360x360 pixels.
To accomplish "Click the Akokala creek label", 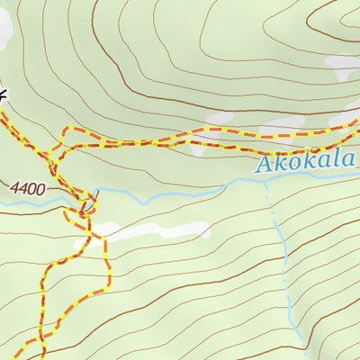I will click(x=306, y=164).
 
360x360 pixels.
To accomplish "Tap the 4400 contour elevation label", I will click(x=29, y=189).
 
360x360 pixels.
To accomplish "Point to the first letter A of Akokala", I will click(x=265, y=166).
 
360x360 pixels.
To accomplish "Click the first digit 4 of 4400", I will click(x=18, y=189).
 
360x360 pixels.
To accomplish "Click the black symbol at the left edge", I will click(x=3, y=93).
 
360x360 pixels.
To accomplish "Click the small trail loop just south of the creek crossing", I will click(x=85, y=209).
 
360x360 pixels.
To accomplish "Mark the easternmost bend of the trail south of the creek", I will click(x=108, y=261).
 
